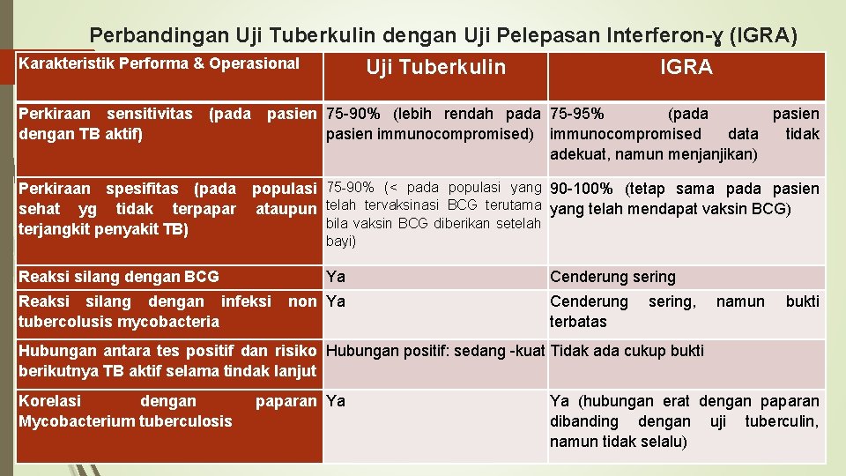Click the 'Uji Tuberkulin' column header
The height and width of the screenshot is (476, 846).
coord(435,68)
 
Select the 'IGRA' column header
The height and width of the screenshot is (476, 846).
coord(686,68)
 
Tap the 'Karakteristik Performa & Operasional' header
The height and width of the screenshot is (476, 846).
coord(159,63)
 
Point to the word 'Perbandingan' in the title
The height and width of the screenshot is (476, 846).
coord(160,35)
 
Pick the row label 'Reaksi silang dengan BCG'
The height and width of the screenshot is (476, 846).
coord(119,277)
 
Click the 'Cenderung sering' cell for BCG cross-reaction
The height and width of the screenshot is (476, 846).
coord(612,277)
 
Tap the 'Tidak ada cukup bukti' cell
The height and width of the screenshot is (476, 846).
coord(627,351)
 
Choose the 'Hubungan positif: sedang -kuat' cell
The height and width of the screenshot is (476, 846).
coord(435,351)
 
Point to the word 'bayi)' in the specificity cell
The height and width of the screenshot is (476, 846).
coord(341,241)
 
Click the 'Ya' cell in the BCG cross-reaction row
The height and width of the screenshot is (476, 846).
coord(336,277)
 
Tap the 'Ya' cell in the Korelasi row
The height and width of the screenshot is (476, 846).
coord(336,401)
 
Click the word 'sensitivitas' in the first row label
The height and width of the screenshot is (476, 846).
coord(149,114)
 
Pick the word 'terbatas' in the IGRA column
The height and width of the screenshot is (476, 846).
coord(578,322)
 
